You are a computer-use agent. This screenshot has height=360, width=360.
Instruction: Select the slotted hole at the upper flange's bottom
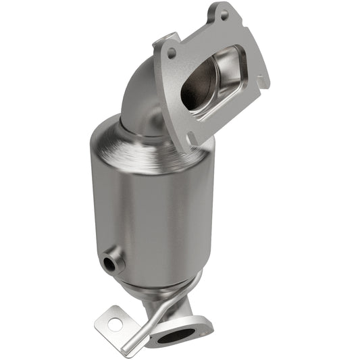coord(192,138)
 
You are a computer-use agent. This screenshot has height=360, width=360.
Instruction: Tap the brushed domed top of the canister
coord(135,142)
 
